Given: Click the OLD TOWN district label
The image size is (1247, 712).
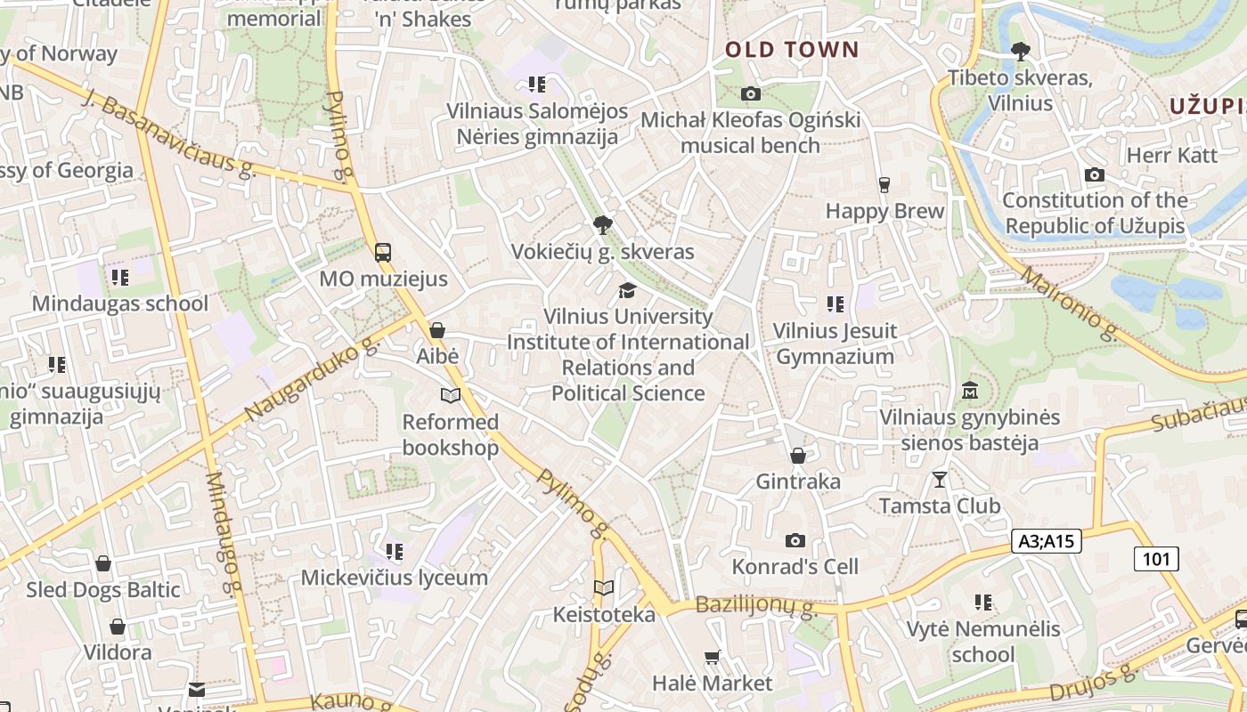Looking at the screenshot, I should click(x=792, y=50).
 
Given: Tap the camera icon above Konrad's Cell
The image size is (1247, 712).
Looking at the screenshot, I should click(x=795, y=540).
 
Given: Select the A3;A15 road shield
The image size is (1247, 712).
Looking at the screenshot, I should click(x=1047, y=540).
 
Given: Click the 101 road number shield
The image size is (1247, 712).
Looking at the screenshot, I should click(x=1156, y=559).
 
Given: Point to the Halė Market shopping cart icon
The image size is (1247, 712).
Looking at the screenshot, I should click(x=712, y=658).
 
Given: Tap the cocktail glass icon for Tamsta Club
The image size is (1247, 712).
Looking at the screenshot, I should click(x=940, y=480).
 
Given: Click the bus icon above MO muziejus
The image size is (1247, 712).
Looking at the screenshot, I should click(x=383, y=253).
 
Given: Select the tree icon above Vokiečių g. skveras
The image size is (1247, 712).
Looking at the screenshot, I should click(x=603, y=224).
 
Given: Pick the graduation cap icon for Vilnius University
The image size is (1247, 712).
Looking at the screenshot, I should click(x=628, y=290).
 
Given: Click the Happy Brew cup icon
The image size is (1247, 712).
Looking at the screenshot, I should click(x=884, y=185).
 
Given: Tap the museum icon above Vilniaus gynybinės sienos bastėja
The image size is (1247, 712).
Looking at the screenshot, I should click(x=970, y=390).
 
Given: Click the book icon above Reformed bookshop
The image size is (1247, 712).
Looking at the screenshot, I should click(x=451, y=396).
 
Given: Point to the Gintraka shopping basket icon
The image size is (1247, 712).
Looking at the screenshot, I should click(x=798, y=456).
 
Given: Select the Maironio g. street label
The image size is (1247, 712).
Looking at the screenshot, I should click(x=1069, y=303).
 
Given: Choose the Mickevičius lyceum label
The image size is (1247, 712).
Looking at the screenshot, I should click(x=395, y=578).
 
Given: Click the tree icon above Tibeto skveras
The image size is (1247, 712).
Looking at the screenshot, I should click(x=1020, y=52).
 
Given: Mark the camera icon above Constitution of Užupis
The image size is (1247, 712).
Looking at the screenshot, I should click(x=1095, y=175).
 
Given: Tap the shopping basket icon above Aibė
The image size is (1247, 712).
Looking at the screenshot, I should click(x=437, y=330).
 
